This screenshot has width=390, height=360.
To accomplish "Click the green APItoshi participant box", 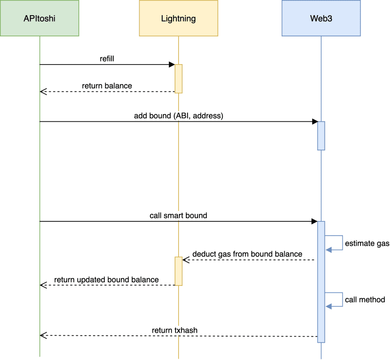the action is [x=39, y=18].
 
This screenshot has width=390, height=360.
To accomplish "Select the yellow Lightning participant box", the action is [x=179, y=18].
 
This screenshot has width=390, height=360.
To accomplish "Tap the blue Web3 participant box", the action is [x=321, y=18].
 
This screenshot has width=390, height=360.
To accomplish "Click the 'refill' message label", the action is [x=107, y=58].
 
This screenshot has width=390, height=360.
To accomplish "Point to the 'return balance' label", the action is [x=107, y=86].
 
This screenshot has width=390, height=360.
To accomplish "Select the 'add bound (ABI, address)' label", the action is [x=179, y=116].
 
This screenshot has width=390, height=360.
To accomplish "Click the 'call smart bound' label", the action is [x=179, y=215].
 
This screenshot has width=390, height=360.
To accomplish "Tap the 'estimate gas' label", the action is [x=367, y=243].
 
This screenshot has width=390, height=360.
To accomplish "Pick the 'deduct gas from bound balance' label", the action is [x=247, y=254].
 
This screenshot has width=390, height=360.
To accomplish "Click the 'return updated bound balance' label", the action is [x=107, y=280].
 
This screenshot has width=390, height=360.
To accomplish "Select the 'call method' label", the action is [x=365, y=300].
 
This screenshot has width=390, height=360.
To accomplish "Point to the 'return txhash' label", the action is [x=175, y=330].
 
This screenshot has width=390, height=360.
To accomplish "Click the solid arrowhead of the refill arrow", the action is [x=172, y=65].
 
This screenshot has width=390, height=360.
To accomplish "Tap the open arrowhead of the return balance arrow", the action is [x=43, y=92].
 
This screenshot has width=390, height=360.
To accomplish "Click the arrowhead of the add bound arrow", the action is [x=315, y=122].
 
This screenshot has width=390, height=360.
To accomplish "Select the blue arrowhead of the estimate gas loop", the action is [x=328, y=250].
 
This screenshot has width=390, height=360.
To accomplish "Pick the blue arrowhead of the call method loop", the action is [x=328, y=307].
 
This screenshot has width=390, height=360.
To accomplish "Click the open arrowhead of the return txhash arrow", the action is [x=43, y=335].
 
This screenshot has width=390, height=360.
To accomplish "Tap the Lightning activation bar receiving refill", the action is [x=179, y=79].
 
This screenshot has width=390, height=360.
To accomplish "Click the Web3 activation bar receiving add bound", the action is [x=321, y=136].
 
